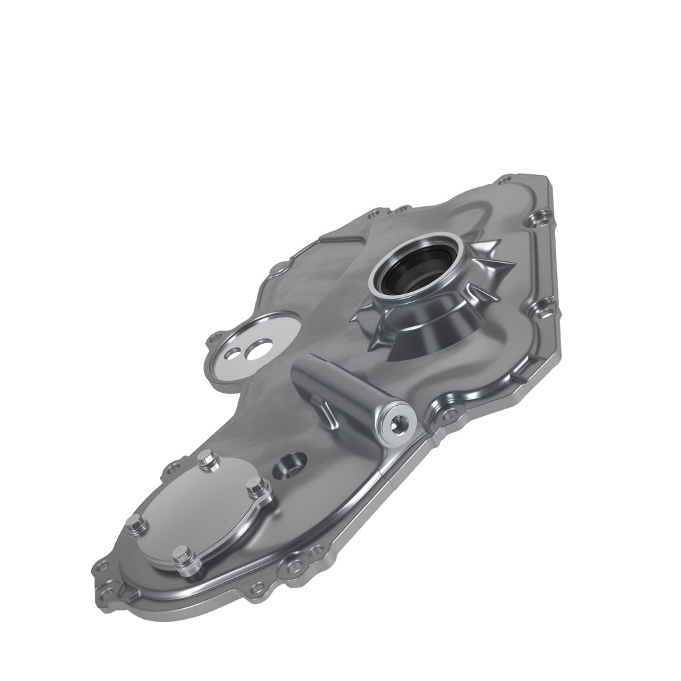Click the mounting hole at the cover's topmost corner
click(x=505, y=180)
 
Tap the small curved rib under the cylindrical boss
click(x=326, y=411)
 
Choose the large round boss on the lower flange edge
click(x=294, y=565)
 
